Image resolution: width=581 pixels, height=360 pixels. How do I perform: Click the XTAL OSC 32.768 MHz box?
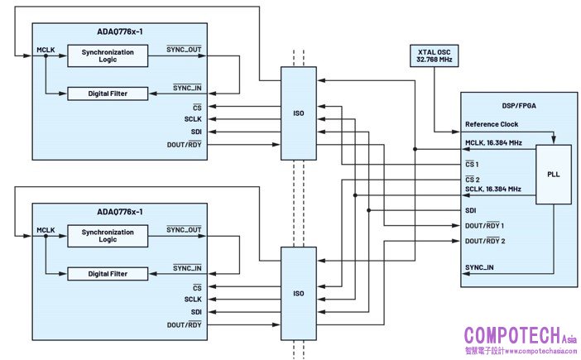(435, 56)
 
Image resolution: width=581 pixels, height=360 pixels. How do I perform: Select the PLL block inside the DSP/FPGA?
(554, 175)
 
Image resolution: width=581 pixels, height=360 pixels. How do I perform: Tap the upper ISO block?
(299, 113)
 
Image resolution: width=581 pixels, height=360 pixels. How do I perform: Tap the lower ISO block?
(299, 293)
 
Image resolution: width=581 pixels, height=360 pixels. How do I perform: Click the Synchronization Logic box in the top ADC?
(107, 55)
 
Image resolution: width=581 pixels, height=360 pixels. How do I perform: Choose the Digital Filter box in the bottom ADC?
(107, 273)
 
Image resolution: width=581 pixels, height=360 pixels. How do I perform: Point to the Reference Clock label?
(492, 124)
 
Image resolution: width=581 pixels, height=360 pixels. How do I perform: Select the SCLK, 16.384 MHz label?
(493, 190)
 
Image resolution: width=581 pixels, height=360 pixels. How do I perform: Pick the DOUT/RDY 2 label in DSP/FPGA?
(484, 241)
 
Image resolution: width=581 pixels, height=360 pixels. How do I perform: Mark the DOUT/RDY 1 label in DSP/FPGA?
(484, 225)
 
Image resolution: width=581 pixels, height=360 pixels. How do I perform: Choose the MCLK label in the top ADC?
(46, 50)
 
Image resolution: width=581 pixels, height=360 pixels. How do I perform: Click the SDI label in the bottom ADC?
(196, 311)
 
